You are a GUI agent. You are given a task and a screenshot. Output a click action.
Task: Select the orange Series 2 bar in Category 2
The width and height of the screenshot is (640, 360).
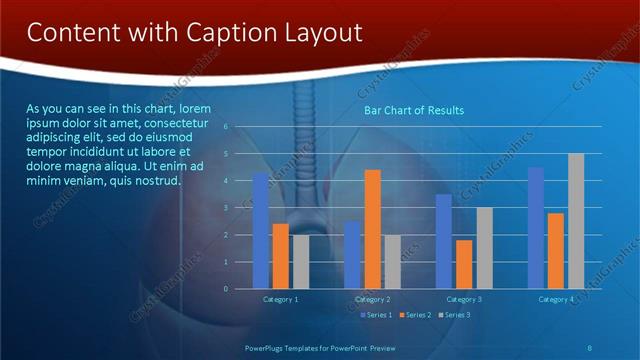372,229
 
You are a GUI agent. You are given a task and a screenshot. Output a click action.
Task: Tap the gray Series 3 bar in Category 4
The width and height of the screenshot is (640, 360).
576,221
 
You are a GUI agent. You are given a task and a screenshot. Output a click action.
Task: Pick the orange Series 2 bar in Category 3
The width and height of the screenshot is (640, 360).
464,264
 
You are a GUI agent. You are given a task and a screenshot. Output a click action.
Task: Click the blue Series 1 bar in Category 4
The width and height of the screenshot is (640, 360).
536,228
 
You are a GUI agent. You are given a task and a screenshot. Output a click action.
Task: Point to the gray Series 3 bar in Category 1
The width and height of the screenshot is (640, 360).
301,262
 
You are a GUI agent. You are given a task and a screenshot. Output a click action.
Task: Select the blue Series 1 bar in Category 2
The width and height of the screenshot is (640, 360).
352,255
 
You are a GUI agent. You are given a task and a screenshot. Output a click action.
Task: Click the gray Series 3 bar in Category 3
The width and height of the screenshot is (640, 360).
484,248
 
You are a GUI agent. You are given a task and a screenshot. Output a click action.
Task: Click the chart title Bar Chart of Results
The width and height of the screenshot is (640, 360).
413,110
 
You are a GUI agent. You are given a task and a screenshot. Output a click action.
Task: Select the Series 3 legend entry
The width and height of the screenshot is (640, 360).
455,315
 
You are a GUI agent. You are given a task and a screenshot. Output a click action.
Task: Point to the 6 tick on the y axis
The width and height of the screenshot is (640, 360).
226,127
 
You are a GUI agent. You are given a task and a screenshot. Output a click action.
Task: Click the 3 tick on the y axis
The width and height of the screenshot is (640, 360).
226,208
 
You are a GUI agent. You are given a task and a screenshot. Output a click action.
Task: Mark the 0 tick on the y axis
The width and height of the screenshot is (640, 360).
226,289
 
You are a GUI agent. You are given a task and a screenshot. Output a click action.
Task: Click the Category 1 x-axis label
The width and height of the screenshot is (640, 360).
280,299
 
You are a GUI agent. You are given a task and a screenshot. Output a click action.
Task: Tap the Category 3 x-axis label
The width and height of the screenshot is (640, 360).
464,299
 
